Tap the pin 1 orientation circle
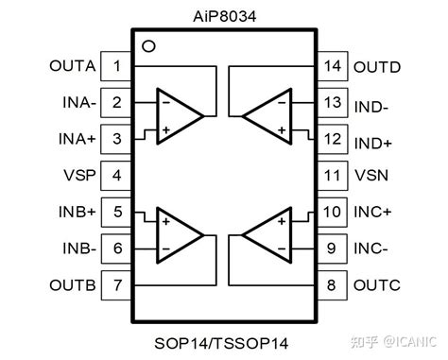pos(146,46)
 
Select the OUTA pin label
pos(72,66)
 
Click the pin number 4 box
pos(115,176)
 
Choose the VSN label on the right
pos(370,176)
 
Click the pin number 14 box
pos(332,67)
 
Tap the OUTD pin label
pos(376,67)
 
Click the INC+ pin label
pos(372,213)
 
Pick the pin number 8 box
pos(332,284)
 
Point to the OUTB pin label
pos(72,284)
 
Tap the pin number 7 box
pos(115,284)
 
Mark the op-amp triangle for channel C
pos(267,235)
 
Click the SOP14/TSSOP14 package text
pos(223,342)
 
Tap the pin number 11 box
pos(332,176)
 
